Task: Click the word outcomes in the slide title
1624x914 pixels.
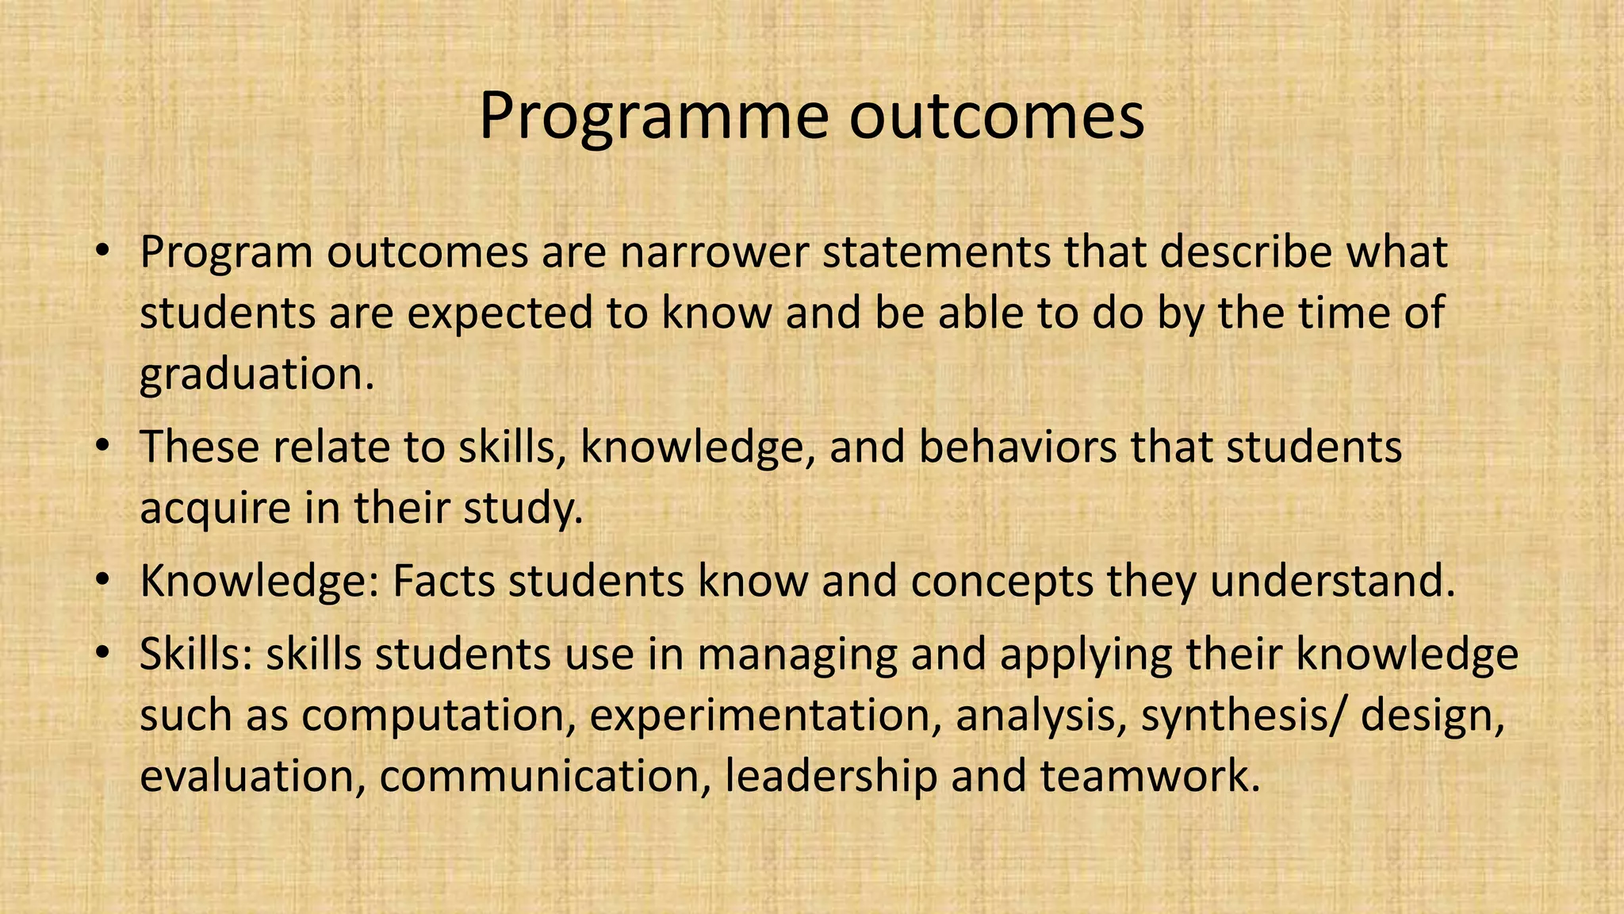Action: (x=998, y=117)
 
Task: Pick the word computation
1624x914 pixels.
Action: (x=438, y=715)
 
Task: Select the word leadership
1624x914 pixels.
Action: (x=830, y=776)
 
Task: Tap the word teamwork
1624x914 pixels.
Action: (x=1150, y=776)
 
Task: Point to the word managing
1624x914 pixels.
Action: (x=797, y=655)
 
